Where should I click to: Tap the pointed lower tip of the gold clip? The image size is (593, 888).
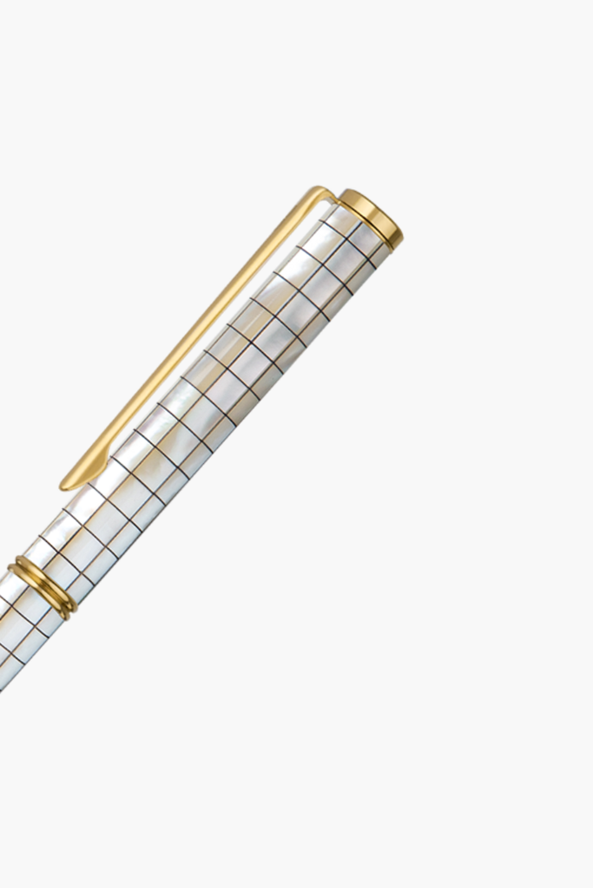(x=64, y=485)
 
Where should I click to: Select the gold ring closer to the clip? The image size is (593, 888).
(x=50, y=587)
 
